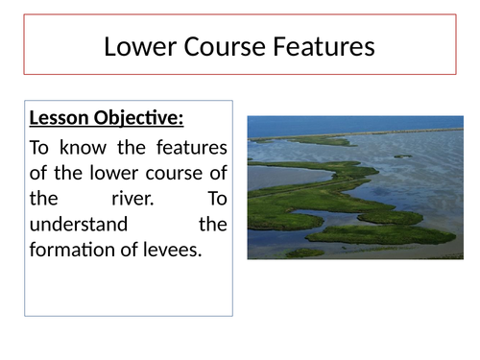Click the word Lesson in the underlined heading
coord(60,120)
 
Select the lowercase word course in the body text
coord(173,174)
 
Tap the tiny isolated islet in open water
coord(402,156)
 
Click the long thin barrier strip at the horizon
coord(384,132)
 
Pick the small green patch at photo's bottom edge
coord(304,253)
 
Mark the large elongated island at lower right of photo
coord(394,233)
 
